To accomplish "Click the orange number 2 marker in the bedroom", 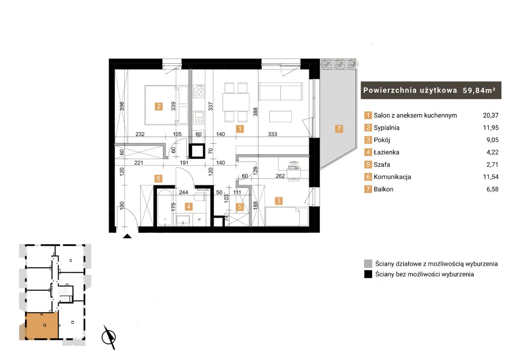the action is [x=159, y=106].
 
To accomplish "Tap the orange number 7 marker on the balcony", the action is [x=339, y=129].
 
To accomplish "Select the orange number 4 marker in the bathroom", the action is [x=189, y=207].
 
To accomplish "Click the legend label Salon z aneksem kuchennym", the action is [x=415, y=116].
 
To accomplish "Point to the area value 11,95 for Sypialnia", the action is [x=491, y=128].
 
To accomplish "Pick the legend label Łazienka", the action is [x=386, y=152].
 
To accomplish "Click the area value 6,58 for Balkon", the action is [x=492, y=189].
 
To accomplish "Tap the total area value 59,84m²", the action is [x=479, y=90].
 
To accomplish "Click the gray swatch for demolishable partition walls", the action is [x=368, y=263].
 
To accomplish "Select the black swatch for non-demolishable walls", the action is [x=368, y=274].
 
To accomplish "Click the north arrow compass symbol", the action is [x=109, y=337].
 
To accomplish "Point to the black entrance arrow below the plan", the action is [x=127, y=236].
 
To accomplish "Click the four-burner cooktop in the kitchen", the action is [x=199, y=91].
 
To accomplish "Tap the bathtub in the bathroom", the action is [x=165, y=207].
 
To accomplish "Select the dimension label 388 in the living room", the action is [x=256, y=112].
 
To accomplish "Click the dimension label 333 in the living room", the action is [x=272, y=134].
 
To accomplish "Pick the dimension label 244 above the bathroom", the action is [x=183, y=192].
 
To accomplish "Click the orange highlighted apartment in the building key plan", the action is [x=42, y=325].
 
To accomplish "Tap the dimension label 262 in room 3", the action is [x=280, y=176].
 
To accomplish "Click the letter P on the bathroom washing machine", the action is [x=199, y=219].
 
